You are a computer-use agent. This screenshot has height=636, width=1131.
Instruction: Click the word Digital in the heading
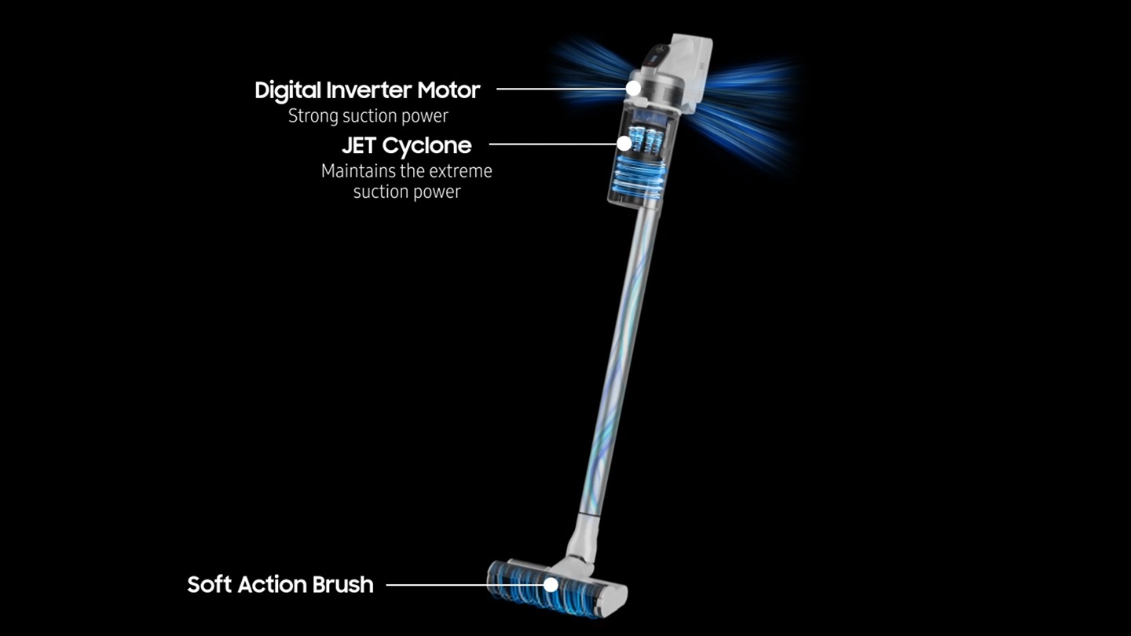click(287, 91)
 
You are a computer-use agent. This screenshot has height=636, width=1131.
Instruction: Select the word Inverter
click(369, 90)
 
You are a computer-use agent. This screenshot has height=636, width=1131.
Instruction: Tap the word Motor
click(448, 90)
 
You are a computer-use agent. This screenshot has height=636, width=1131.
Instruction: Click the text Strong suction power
click(368, 116)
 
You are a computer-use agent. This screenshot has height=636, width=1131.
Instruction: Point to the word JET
click(359, 145)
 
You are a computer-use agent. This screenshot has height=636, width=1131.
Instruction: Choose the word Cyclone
click(426, 146)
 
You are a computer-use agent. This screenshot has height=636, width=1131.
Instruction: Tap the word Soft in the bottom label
click(209, 584)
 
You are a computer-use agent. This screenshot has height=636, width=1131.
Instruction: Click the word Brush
click(342, 584)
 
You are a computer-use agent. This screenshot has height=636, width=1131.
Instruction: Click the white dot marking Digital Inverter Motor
click(633, 88)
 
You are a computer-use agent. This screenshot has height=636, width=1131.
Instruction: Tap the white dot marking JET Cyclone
click(624, 144)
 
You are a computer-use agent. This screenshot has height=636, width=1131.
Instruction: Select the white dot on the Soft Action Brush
click(551, 585)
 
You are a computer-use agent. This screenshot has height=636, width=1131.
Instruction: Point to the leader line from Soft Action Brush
click(465, 585)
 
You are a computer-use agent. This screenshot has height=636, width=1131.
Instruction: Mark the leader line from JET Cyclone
click(554, 144)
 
